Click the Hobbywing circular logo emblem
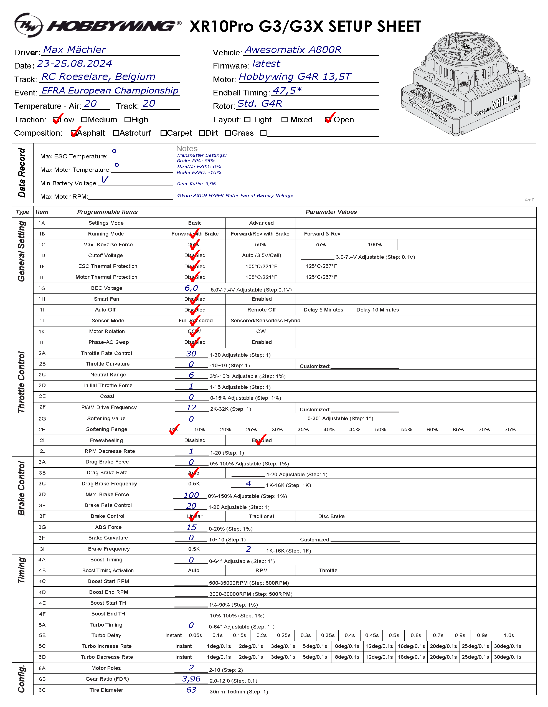point(29,25)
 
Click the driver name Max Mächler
point(74,50)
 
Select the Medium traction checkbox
point(84,120)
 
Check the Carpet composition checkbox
point(163,133)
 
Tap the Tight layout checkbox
point(247,120)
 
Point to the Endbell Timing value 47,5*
point(287,91)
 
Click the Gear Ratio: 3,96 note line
point(196,184)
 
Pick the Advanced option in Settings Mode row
point(261,223)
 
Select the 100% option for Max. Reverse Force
point(374,245)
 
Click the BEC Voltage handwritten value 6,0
point(191,288)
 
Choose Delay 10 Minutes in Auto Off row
point(377,310)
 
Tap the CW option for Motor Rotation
point(261,331)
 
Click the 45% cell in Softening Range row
point(354,430)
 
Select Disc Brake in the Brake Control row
point(331,516)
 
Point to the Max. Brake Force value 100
point(191,495)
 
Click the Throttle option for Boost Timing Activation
point(328,570)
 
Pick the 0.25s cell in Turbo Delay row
point(283,635)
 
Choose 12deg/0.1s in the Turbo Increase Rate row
point(379,646)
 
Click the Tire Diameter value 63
point(191,690)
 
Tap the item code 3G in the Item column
point(42,527)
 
